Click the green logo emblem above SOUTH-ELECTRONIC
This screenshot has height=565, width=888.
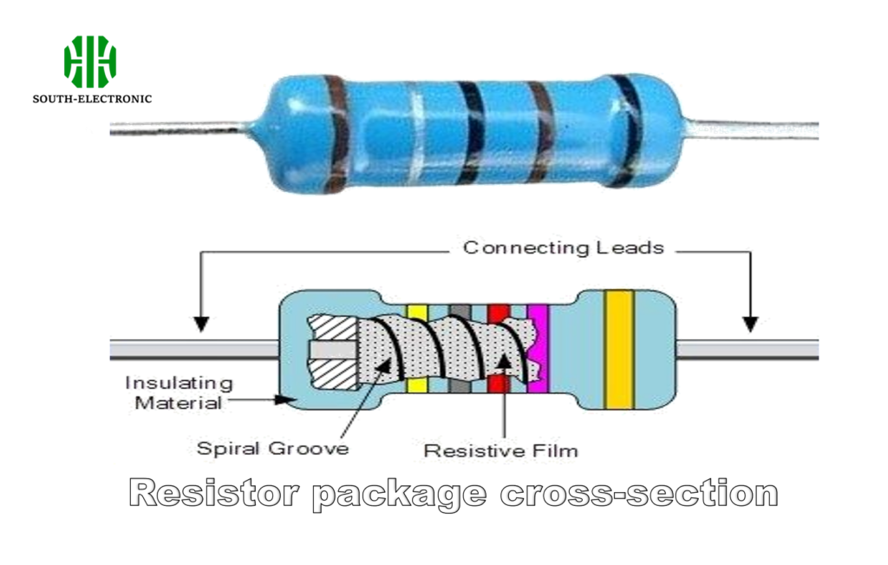coord(90,61)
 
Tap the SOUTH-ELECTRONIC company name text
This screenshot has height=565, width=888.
coord(92,99)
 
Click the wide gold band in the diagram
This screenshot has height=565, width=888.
coord(619,349)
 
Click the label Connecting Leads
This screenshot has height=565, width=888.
coord(563,248)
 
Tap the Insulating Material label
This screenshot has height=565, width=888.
coord(178,392)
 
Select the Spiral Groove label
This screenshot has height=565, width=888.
coord(272,449)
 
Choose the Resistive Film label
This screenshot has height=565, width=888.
coord(500,451)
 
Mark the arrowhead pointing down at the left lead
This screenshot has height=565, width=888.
coord(201,324)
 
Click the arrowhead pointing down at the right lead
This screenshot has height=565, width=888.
coord(750,324)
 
